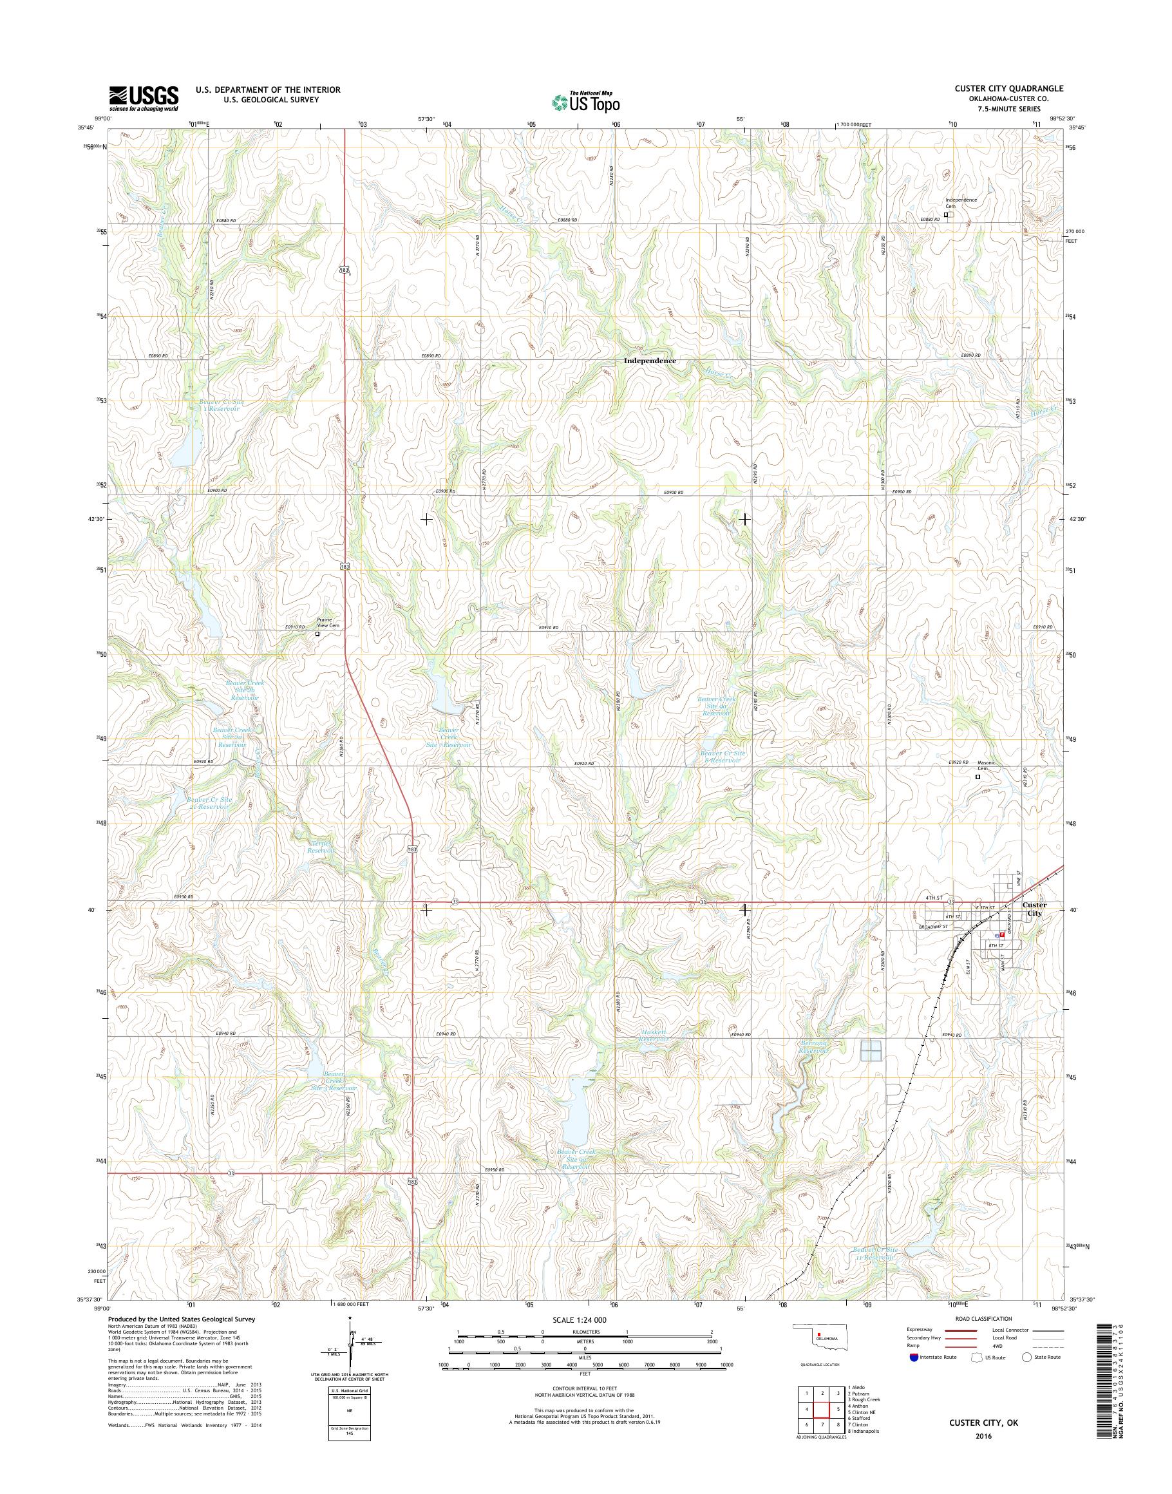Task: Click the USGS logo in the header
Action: [x=144, y=98]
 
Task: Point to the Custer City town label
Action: [x=1034, y=909]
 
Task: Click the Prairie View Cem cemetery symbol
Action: [x=317, y=634]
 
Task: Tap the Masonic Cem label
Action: [x=985, y=766]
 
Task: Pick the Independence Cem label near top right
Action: [x=961, y=202]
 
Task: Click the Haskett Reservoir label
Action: [x=652, y=1055]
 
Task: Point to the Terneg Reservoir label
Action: [x=320, y=847]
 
